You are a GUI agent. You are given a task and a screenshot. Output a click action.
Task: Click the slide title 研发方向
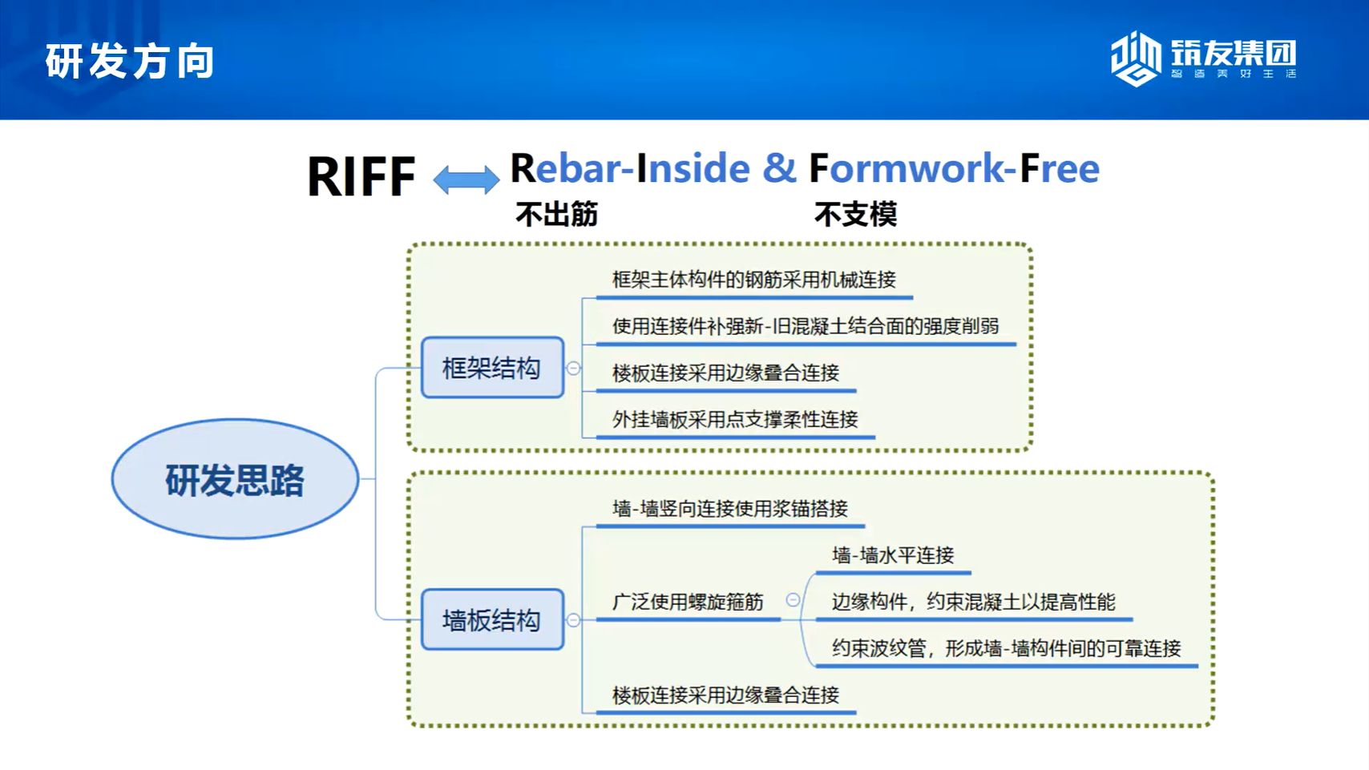pyautogui.click(x=130, y=61)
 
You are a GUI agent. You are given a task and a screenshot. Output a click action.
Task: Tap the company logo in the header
pyautogui.click(x=1203, y=58)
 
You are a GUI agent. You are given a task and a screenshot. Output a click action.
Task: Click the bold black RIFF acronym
pyautogui.click(x=361, y=176)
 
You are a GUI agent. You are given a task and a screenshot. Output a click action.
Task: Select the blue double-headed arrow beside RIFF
pyautogui.click(x=466, y=179)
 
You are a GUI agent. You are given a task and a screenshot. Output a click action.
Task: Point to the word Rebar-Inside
pyautogui.click(x=630, y=168)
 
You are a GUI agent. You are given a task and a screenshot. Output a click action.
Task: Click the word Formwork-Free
pyautogui.click(x=954, y=168)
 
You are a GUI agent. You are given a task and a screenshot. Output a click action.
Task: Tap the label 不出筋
pyautogui.click(x=557, y=215)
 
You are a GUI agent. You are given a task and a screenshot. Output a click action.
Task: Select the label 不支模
pyautogui.click(x=856, y=215)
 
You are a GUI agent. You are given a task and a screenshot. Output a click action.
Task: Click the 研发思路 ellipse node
pyautogui.click(x=236, y=478)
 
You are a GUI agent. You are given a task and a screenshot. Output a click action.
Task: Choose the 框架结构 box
pyautogui.click(x=492, y=367)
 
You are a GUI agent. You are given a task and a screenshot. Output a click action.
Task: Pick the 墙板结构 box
pyautogui.click(x=492, y=619)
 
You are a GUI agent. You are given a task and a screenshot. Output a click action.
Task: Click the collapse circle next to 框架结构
pyautogui.click(x=573, y=368)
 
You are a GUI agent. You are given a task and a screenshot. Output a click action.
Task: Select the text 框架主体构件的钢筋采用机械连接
pyautogui.click(x=754, y=280)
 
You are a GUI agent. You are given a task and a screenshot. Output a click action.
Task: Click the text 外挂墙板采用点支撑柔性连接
pyautogui.click(x=735, y=419)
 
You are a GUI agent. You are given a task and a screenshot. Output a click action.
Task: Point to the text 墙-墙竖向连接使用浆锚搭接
pyautogui.click(x=730, y=509)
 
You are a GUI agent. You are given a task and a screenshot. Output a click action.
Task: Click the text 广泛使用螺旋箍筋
pyautogui.click(x=689, y=602)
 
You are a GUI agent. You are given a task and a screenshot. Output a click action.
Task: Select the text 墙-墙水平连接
pyautogui.click(x=893, y=555)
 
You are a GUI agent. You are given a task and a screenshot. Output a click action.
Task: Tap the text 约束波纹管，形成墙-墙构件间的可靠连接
pyautogui.click(x=1007, y=647)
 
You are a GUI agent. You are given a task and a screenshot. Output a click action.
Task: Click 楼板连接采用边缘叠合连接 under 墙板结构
pyautogui.click(x=726, y=695)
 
